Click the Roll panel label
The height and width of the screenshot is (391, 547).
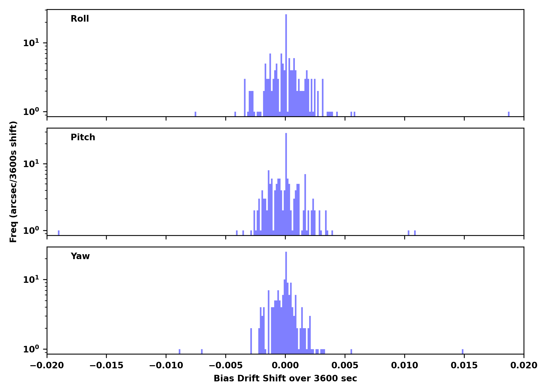[x=80, y=19]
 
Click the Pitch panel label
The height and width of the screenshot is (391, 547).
[x=83, y=137]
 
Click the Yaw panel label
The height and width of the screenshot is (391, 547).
[x=80, y=256]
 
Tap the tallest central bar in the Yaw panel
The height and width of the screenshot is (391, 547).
[x=286, y=300]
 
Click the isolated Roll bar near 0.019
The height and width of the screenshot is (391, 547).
[x=509, y=114]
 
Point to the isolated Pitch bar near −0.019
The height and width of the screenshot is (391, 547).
[x=59, y=233]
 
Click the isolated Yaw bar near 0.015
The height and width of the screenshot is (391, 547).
[x=463, y=351]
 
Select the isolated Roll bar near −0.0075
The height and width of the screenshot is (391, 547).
[x=195, y=114]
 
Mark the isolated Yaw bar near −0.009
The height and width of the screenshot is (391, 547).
[x=179, y=351]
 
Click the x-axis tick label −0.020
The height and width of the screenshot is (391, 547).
[x=47, y=365]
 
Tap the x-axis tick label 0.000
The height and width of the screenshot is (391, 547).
[x=285, y=365]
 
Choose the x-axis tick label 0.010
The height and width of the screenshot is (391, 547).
[x=405, y=365]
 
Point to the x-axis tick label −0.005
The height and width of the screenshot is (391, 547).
[x=226, y=365]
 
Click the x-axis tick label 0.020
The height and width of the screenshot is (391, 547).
[x=524, y=365]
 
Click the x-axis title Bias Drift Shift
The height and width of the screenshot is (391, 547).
[x=285, y=378]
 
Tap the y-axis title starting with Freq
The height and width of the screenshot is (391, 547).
[x=13, y=182]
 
